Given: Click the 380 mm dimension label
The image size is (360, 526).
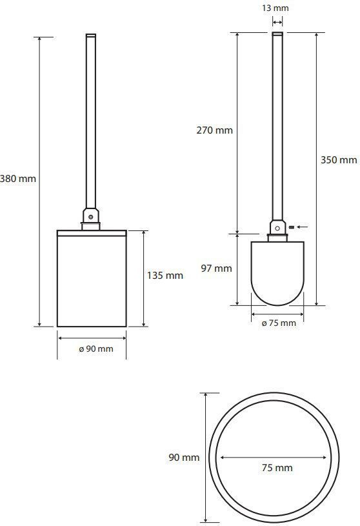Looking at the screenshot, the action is (18, 179).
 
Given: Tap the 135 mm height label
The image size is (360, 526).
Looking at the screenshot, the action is (165, 276).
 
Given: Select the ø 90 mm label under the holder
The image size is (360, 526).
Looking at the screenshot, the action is (96, 349).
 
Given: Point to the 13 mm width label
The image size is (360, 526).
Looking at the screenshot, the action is (275, 8).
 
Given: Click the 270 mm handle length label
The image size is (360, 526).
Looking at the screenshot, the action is (215, 130).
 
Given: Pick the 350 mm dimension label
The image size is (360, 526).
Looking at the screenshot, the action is (339, 159).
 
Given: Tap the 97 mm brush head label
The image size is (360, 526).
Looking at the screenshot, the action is (217, 268).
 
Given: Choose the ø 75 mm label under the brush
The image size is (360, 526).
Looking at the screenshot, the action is (279, 323).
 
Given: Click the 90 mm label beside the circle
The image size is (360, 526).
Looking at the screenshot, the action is (184, 457).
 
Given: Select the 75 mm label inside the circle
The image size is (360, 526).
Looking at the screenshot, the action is (277, 468).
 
